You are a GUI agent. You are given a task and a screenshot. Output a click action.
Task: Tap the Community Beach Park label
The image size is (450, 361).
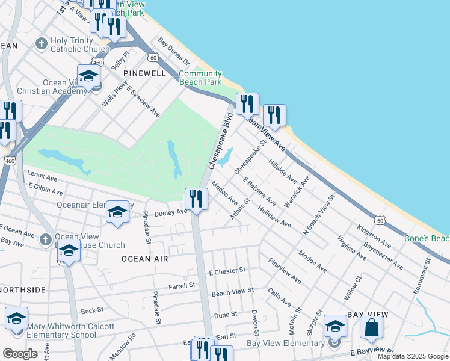[x=200, y=78]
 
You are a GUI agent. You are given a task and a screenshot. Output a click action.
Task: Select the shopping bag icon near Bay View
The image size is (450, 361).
[x=372, y=329]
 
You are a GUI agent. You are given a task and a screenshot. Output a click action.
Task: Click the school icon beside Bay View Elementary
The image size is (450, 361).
[x=335, y=327]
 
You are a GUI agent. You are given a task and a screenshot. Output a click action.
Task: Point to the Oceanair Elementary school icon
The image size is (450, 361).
[x=118, y=212]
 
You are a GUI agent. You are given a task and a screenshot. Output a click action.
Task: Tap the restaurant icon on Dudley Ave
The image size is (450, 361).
[x=196, y=198]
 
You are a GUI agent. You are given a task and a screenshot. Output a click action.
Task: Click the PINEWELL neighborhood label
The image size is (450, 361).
[x=144, y=72]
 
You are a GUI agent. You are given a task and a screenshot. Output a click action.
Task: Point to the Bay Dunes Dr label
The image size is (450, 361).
[x=174, y=52]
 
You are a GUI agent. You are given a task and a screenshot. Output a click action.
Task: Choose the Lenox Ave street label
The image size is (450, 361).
[x=42, y=177]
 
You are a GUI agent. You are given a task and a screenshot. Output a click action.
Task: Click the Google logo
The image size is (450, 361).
[x=19, y=354]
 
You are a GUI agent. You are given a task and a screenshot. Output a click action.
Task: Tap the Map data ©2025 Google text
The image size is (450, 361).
[x=413, y=356]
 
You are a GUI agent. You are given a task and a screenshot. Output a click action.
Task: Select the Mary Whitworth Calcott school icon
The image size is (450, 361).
[x=16, y=319]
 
